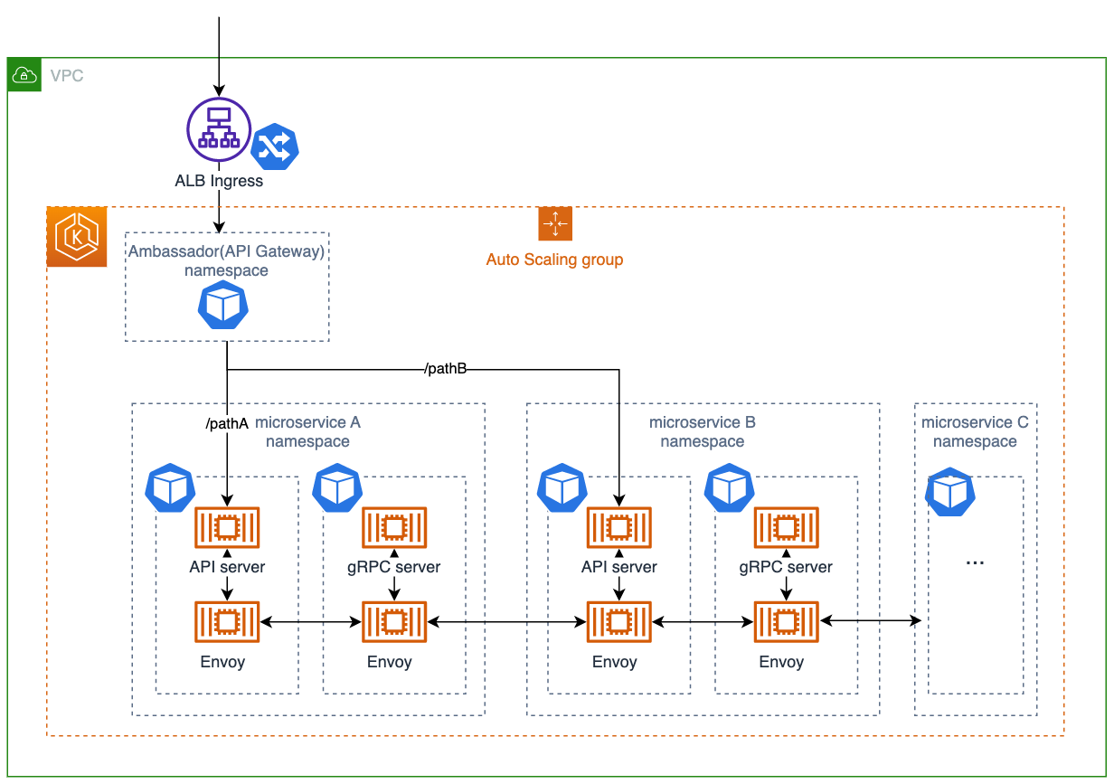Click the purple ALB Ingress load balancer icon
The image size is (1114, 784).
tap(218, 129)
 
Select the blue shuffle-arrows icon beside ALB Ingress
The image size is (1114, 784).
tap(274, 146)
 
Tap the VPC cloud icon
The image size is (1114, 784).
tap(24, 76)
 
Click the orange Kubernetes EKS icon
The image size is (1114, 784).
tap(77, 237)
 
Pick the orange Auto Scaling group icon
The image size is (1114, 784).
tap(555, 223)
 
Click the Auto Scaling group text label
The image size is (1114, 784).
tap(554, 260)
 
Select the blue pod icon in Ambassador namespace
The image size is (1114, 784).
tap(223, 305)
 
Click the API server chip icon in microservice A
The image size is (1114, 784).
tap(227, 526)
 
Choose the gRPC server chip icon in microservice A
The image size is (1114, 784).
tap(393, 526)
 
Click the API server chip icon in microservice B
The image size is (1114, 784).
tap(618, 526)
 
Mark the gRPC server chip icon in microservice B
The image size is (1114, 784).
tap(786, 526)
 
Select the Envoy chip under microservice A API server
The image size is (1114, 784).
tap(227, 622)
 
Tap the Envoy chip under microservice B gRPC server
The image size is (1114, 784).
tap(786, 622)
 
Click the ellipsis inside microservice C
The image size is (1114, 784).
tap(975, 562)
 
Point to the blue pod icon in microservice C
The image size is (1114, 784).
tap(950, 492)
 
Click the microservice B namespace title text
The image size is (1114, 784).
tap(703, 432)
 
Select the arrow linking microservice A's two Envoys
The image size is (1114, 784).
tap(310, 622)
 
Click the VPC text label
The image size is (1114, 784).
tap(67, 76)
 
